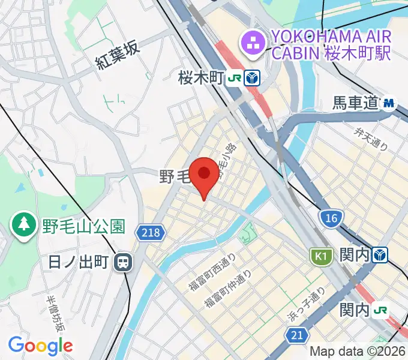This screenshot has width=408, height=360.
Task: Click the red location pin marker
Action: [204, 174]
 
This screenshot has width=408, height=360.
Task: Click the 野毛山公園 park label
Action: [83, 226]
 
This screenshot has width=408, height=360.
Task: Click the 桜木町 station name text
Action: [200, 77]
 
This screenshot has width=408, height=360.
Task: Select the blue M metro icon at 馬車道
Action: [389, 103]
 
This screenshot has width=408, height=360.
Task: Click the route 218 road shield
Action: [149, 232]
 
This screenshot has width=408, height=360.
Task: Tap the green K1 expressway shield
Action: [321, 257]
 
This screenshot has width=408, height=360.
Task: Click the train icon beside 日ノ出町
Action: [124, 262]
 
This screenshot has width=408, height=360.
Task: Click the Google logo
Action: [40, 345]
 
